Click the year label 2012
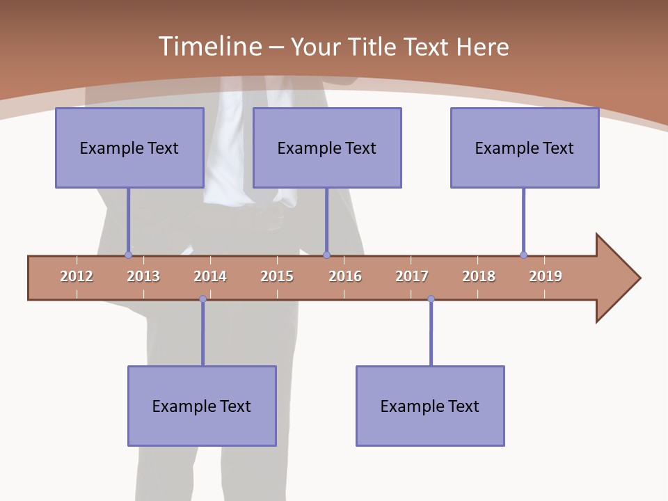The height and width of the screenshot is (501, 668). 77,276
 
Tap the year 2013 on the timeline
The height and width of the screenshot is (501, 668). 143,276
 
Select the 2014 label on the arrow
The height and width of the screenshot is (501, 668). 210,276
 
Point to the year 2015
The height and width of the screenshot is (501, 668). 277,276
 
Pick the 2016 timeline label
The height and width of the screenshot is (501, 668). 345,276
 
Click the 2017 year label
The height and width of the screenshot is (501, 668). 412,276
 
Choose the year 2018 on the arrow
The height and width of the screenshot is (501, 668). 479,276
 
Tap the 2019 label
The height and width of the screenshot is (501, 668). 546,276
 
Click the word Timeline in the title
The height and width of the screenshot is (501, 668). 209,47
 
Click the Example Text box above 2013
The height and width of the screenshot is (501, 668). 129,148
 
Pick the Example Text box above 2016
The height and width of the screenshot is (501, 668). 327,148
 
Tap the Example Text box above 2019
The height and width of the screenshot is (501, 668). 525,148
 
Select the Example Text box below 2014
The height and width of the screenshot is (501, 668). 202,406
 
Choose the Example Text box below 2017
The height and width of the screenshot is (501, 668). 430,406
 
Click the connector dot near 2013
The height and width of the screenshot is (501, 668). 128,255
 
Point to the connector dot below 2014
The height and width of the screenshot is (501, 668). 202,299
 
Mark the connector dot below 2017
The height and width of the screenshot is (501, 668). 431,299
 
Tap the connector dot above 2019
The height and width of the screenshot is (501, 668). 523,255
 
